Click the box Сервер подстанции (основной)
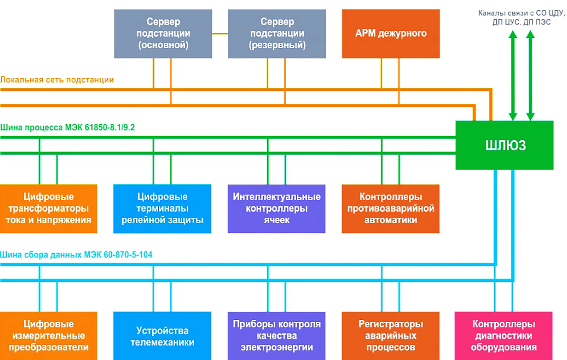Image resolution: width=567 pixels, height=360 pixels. [x=163, y=33]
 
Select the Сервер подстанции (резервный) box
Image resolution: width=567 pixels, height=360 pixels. [x=277, y=33]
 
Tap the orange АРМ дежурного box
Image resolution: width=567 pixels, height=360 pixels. [x=390, y=33]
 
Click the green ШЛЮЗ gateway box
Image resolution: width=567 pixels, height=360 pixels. [x=504, y=145]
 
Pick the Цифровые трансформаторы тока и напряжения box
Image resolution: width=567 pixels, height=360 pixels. [x=49, y=208]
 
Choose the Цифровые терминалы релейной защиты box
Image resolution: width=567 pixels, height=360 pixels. [x=162, y=208]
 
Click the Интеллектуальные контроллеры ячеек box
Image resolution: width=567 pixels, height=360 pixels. [x=276, y=208]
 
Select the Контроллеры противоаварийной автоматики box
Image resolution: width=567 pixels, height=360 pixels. [x=390, y=208]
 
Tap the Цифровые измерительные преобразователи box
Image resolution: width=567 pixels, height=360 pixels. [x=49, y=336]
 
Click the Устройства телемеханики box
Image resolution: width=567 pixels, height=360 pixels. [x=162, y=336]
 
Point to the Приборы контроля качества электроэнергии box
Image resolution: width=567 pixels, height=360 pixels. [x=276, y=336]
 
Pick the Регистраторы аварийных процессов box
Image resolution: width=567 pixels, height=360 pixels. [x=390, y=336]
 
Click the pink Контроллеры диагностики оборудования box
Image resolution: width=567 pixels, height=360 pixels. [x=503, y=336]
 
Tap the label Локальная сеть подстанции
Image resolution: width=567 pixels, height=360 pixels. [x=57, y=80]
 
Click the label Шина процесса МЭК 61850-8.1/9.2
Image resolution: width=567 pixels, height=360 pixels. [x=67, y=127]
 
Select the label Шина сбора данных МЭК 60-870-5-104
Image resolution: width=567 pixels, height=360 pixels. [x=76, y=255]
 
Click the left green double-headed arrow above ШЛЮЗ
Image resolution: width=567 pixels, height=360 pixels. [x=513, y=76]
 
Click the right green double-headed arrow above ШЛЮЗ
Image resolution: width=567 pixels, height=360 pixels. [x=530, y=76]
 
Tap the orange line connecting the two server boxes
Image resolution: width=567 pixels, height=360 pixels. [x=220, y=34]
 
